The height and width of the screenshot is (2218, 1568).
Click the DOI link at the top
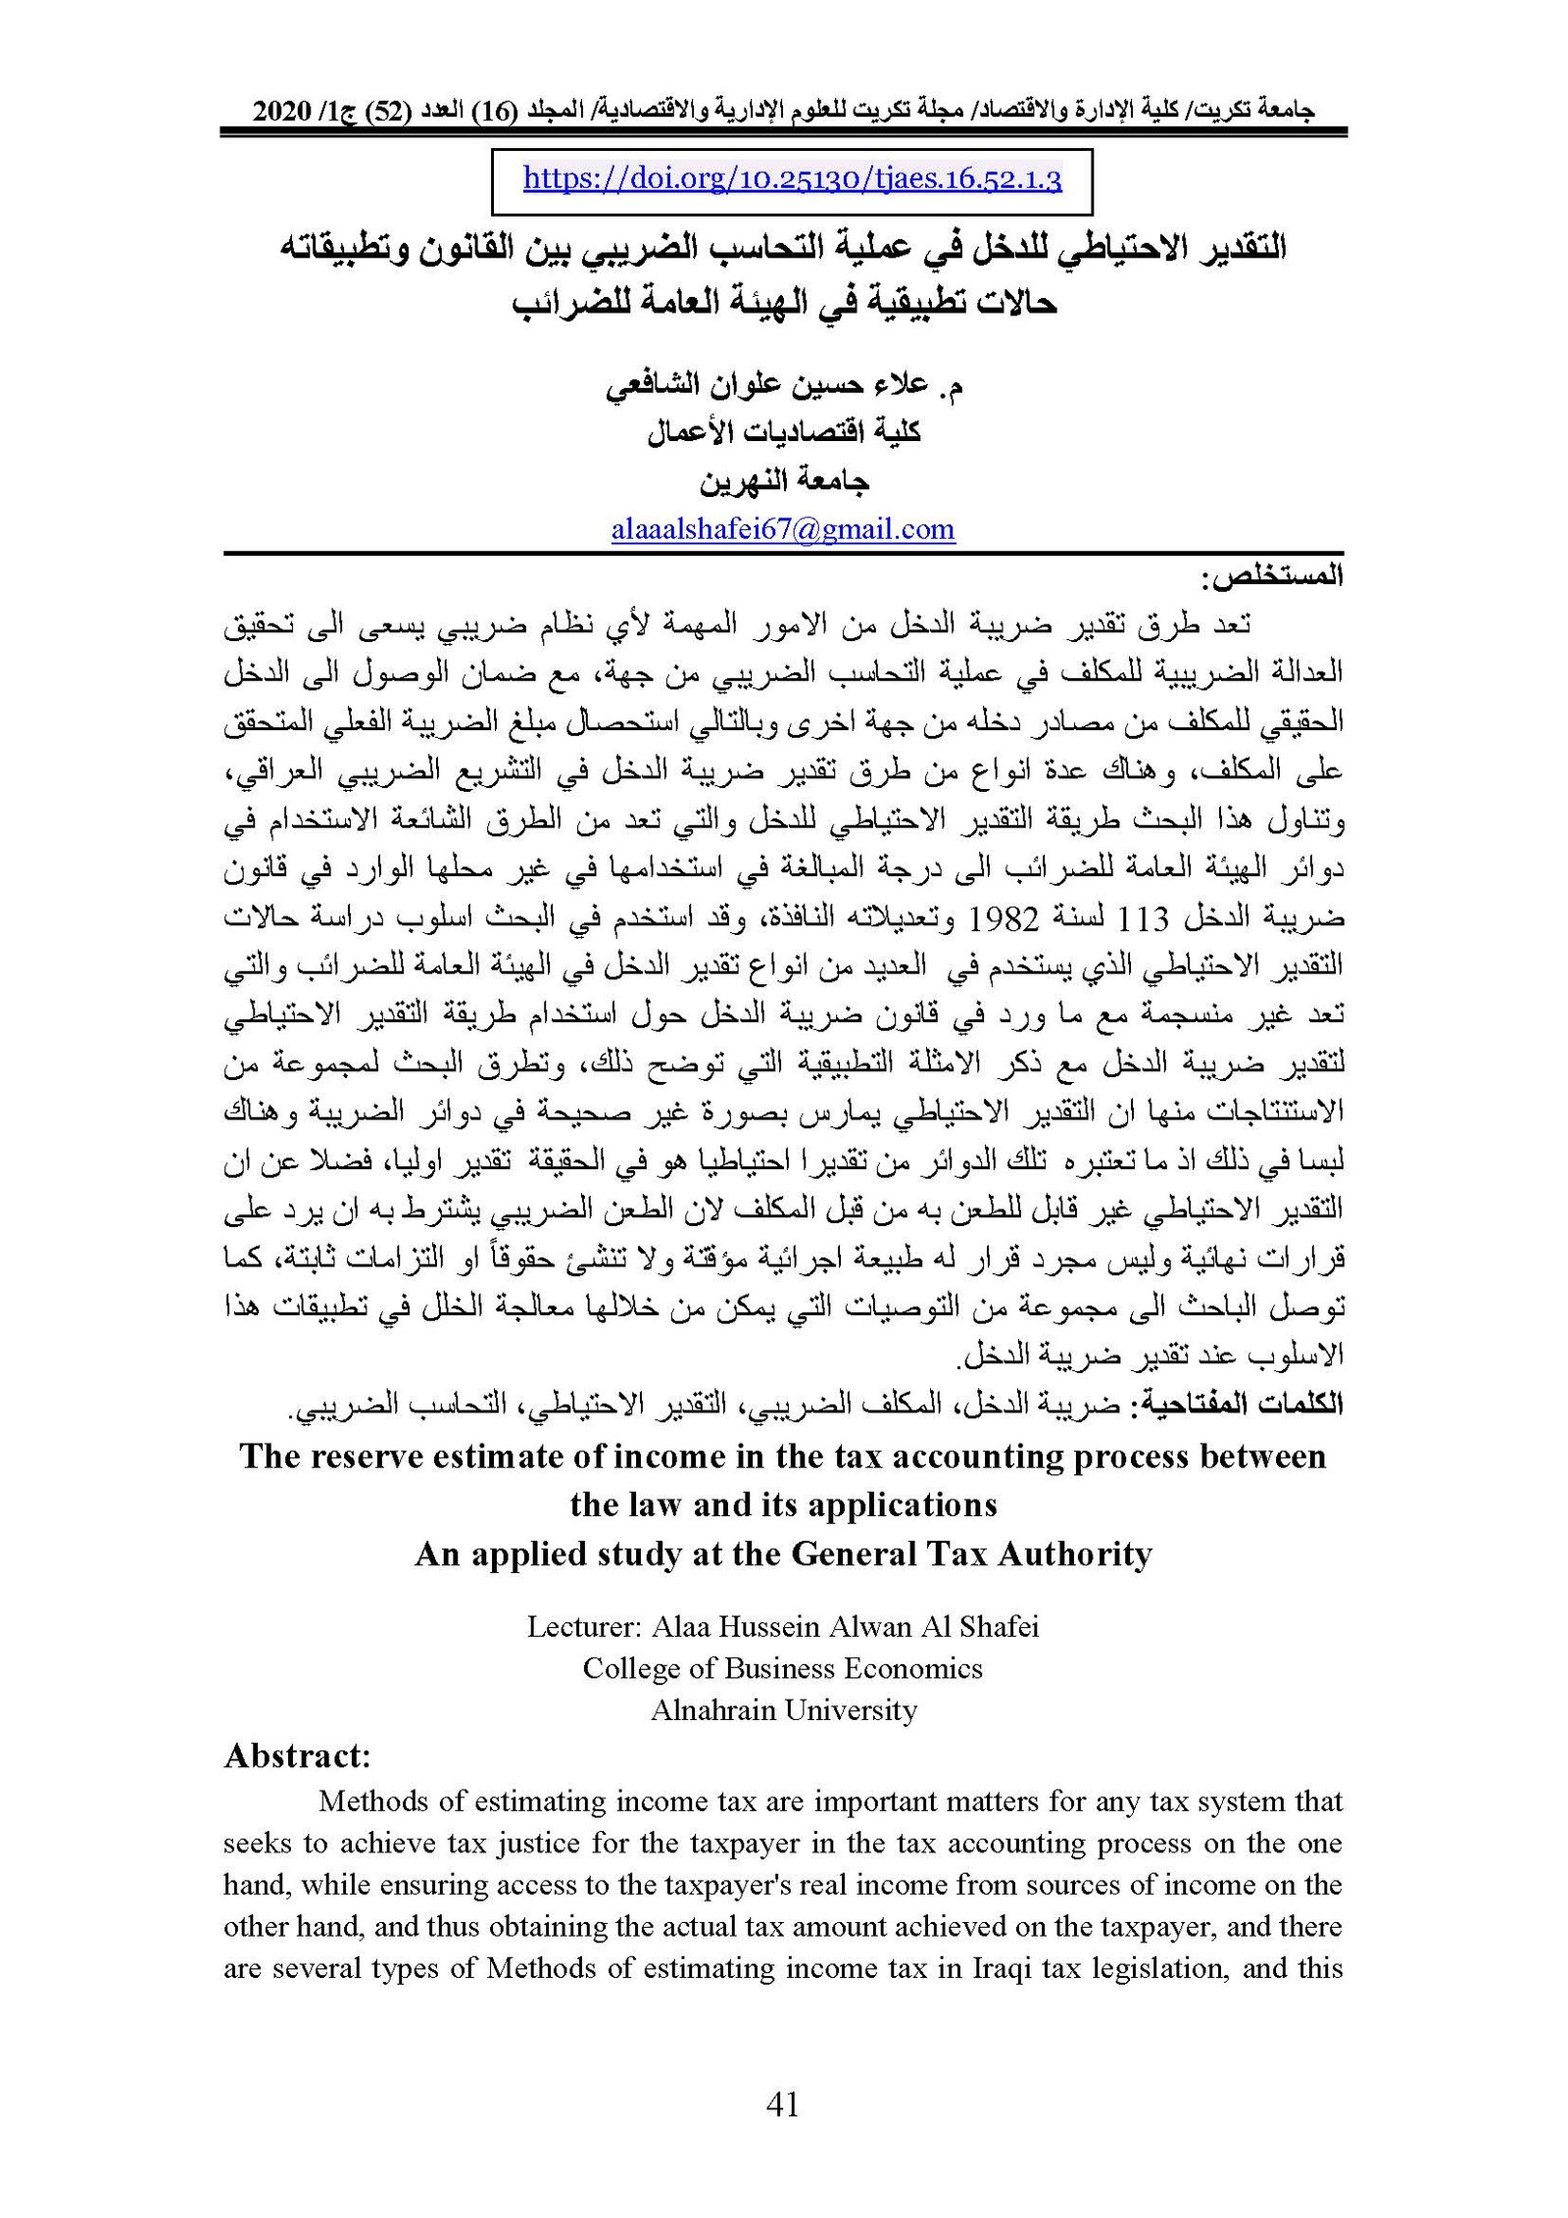[792, 179]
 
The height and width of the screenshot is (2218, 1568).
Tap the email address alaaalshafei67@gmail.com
[782, 529]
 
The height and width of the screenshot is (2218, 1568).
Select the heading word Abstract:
[297, 1755]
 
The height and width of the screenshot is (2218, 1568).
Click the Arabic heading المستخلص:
[1277, 576]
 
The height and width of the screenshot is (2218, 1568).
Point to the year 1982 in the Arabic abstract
[1003, 919]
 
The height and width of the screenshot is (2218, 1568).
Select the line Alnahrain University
[784, 1710]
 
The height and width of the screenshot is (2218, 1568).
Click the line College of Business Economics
[782, 1668]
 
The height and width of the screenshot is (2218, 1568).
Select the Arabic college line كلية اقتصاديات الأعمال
[783, 433]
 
